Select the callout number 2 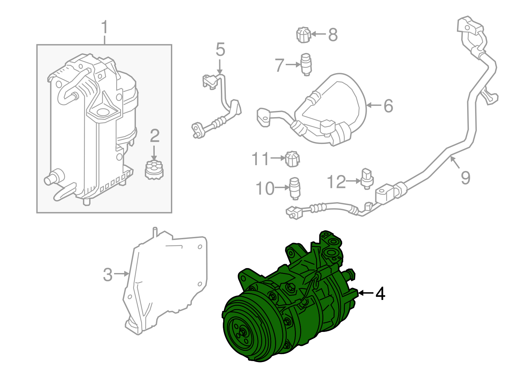pos(155,136)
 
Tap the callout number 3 pos(108,275)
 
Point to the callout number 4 pos(380,294)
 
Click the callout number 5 pos(220,50)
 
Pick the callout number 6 pos(388,106)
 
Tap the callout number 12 pos(336,182)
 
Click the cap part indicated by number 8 pos(304,35)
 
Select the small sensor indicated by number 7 pos(306,64)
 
